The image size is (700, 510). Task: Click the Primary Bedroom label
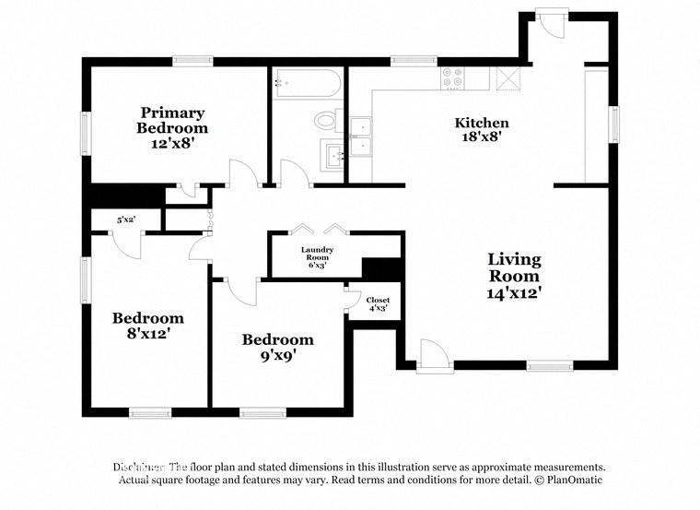[x=172, y=128]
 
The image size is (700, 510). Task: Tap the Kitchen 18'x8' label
[x=482, y=129]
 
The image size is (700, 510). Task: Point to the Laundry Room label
[x=317, y=257]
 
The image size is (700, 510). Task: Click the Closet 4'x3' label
[x=378, y=304]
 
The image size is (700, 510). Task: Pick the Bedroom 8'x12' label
[x=142, y=326]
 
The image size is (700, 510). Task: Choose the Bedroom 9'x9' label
[x=277, y=347]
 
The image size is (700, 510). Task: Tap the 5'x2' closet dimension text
[x=125, y=220]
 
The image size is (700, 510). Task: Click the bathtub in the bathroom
[x=306, y=83]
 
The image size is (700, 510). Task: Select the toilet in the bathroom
[x=326, y=121]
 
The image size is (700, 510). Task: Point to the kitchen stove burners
[x=453, y=78]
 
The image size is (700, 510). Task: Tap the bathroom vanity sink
[x=332, y=154]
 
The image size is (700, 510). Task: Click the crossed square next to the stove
[x=508, y=77]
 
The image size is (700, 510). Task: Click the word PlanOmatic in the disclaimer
[x=573, y=480]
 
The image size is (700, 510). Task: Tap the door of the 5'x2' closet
[x=126, y=242]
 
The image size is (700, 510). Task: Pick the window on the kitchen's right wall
[x=613, y=125]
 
